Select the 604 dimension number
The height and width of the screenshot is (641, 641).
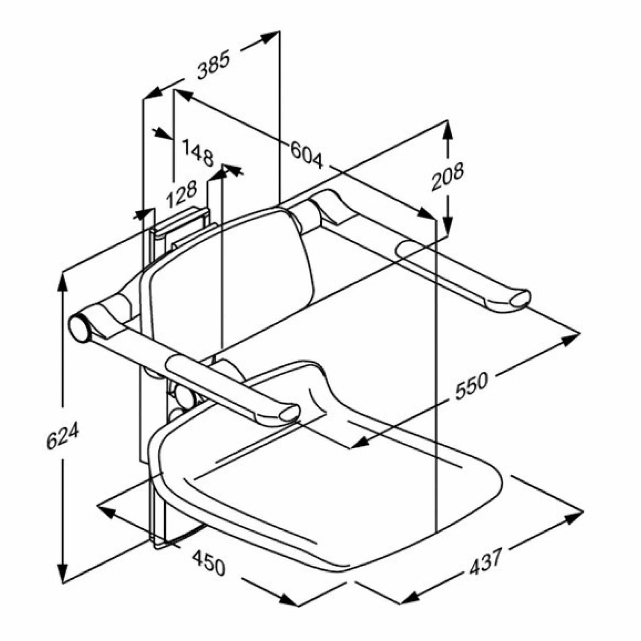(x=307, y=155)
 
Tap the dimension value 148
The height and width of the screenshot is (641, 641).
(x=198, y=153)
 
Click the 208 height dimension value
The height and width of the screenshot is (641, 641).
(x=447, y=176)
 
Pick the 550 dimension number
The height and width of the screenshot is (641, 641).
(x=471, y=386)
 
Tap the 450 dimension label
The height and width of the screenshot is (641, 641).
(x=208, y=562)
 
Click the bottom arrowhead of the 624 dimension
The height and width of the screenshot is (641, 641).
(x=63, y=575)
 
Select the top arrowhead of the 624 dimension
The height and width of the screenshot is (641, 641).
(x=63, y=280)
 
